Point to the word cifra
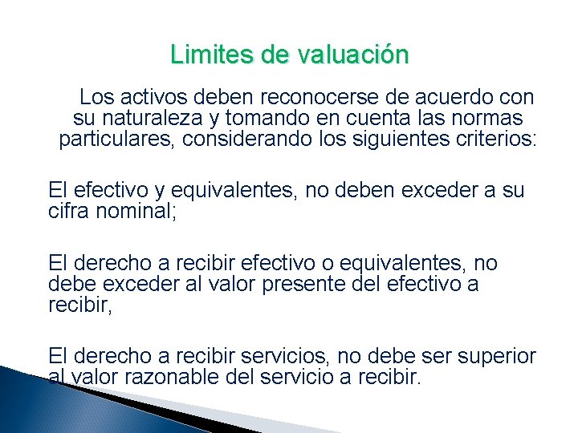point(68,211)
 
